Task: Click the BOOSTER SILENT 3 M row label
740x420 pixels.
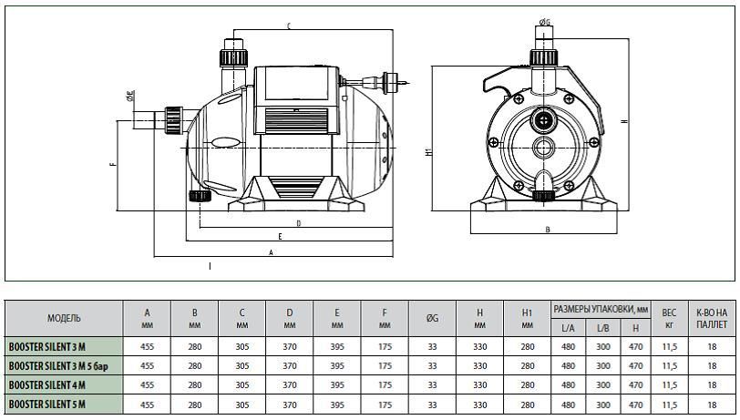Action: coord(47,347)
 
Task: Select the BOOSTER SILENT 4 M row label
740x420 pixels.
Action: coord(47,385)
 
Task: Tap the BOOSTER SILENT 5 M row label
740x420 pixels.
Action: coord(47,405)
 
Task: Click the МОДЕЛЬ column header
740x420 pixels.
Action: coord(64,319)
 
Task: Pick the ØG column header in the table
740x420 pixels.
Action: coord(432,319)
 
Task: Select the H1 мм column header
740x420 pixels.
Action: coord(527,319)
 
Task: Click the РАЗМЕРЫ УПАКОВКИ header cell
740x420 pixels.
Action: coord(601,310)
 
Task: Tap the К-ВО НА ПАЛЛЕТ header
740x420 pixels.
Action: coord(712,319)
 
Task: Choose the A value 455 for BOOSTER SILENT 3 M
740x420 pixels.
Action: coord(148,347)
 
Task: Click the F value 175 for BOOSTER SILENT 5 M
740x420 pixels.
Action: coord(385,405)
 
